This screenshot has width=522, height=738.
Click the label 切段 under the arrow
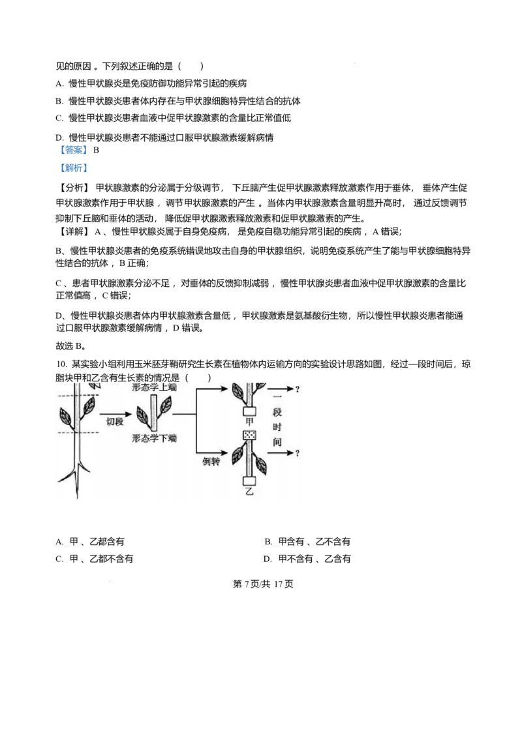[115, 421]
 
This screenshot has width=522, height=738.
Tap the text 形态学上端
[154, 387]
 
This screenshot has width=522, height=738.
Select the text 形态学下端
[154, 438]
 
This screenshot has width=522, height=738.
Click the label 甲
[249, 422]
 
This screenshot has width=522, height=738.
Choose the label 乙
[249, 492]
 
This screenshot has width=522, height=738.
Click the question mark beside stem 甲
[298, 389]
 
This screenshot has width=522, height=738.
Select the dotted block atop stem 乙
[249, 435]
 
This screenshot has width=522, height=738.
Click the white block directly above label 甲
[249, 411]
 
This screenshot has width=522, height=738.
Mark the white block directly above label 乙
[249, 482]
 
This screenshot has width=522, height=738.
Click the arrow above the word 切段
[115, 413]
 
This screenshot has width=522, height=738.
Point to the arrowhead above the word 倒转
[230, 450]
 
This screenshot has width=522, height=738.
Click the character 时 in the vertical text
[277, 427]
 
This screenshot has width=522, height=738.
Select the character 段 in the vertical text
[277, 413]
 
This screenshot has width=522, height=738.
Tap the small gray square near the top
[355, 63]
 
